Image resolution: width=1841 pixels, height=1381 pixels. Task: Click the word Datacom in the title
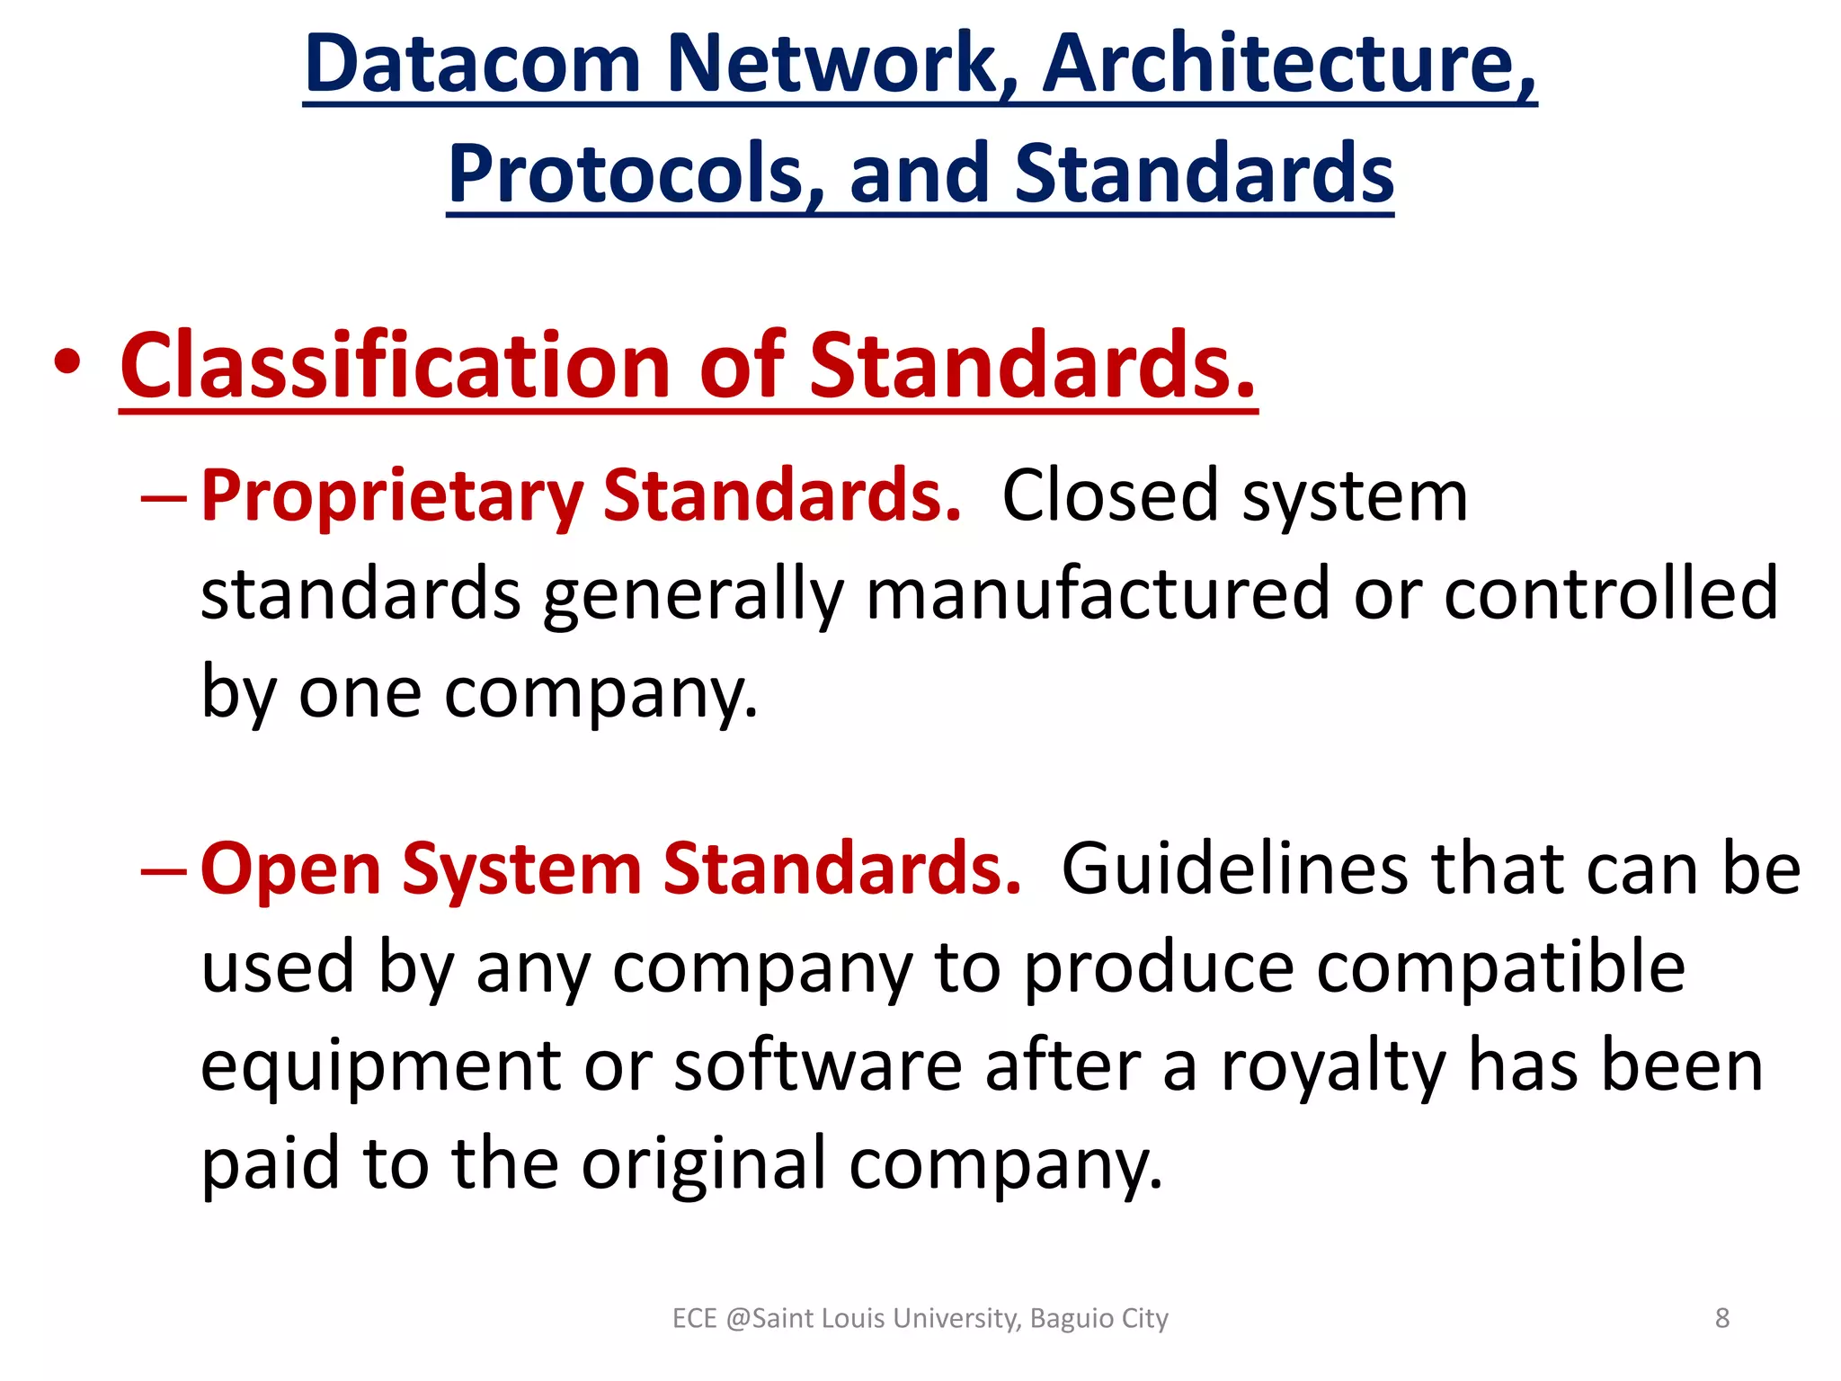[473, 64]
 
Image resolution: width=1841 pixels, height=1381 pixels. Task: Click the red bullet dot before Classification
[67, 364]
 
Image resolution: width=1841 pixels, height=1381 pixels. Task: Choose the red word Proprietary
[392, 496]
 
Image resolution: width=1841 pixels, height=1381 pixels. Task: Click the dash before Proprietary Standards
[164, 497]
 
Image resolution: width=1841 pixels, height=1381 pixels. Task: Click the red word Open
[291, 869]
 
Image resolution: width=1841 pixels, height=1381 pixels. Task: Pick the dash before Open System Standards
[164, 870]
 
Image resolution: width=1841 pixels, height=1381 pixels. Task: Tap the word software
[818, 1066]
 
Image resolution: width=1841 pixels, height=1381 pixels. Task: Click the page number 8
[1721, 1318]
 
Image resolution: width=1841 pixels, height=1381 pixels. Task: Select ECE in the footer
[694, 1319]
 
